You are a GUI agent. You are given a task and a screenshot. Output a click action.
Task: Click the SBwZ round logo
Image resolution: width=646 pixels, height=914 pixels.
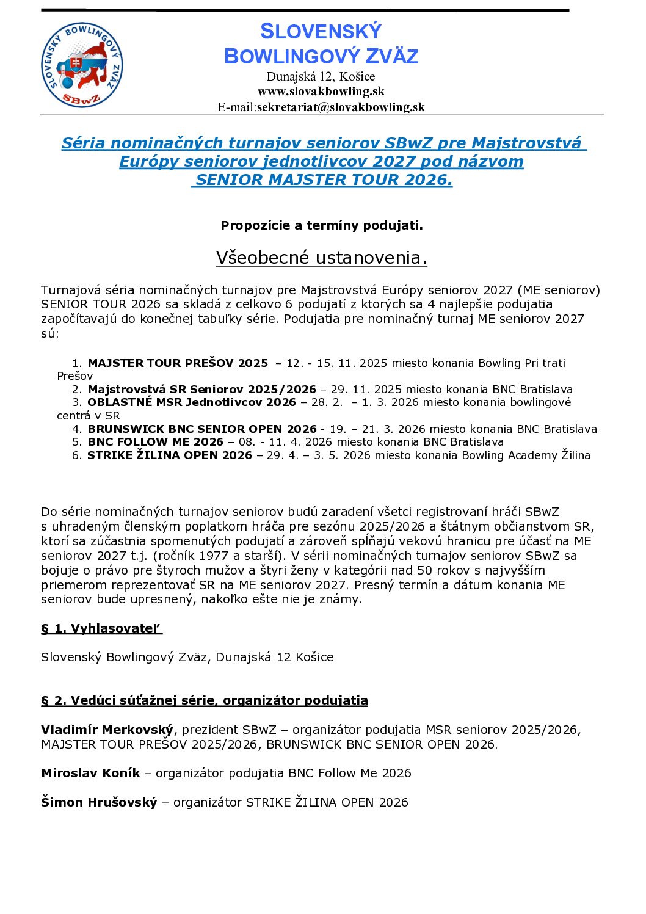pyautogui.click(x=81, y=65)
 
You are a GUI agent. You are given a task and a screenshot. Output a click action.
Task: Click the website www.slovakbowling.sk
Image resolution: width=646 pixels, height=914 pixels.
pyautogui.click(x=321, y=92)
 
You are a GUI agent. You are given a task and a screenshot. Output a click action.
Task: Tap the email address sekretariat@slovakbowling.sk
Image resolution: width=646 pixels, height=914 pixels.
pyautogui.click(x=340, y=107)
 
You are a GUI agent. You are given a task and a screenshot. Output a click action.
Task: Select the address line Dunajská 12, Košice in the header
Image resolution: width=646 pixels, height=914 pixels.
pyautogui.click(x=321, y=76)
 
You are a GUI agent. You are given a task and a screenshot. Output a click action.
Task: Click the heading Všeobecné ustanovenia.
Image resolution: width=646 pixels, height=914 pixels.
pyautogui.click(x=321, y=258)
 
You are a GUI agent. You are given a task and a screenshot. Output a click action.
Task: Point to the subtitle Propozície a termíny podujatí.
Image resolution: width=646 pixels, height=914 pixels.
pyautogui.click(x=321, y=225)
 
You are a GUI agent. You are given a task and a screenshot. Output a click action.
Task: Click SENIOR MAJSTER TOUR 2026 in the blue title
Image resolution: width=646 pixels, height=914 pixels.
pyautogui.click(x=324, y=180)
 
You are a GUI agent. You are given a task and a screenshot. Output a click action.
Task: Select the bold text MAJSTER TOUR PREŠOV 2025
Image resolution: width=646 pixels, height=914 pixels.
pyautogui.click(x=178, y=363)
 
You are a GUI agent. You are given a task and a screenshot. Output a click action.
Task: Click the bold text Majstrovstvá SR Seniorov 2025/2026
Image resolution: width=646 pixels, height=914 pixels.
pyautogui.click(x=201, y=390)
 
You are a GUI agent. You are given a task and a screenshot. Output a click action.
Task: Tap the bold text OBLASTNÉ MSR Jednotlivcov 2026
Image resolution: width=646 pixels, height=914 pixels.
pyautogui.click(x=191, y=402)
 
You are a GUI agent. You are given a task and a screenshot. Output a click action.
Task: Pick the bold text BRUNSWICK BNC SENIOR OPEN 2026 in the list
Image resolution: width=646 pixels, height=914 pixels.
pyautogui.click(x=202, y=429)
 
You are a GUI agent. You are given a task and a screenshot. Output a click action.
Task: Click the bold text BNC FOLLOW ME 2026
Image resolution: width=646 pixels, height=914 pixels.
pyautogui.click(x=155, y=442)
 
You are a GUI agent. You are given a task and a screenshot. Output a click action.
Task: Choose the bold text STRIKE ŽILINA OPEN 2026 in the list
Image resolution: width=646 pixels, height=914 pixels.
pyautogui.click(x=169, y=455)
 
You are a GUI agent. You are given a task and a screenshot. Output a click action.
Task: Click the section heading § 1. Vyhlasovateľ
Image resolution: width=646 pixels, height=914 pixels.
pyautogui.click(x=101, y=629)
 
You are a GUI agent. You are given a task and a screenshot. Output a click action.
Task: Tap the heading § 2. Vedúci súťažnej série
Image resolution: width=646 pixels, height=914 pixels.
pyautogui.click(x=204, y=700)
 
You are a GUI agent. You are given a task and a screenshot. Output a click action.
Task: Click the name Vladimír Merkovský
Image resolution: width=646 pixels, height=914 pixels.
pyautogui.click(x=107, y=730)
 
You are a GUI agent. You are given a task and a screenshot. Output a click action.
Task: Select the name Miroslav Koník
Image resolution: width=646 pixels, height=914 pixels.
pyautogui.click(x=90, y=773)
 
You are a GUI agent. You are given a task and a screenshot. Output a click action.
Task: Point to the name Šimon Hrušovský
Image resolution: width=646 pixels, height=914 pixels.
pyautogui.click(x=99, y=802)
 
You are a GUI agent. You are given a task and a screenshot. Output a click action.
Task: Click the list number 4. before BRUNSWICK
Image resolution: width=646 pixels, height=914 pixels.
pyautogui.click(x=77, y=429)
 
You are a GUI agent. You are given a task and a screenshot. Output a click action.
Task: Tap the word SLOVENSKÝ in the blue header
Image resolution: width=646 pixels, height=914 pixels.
pyautogui.click(x=321, y=31)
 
